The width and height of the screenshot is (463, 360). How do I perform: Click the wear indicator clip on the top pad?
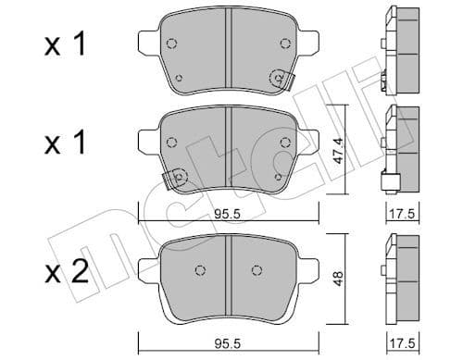coord(277,81)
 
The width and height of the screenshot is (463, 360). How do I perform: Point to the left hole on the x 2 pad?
coord(199,270)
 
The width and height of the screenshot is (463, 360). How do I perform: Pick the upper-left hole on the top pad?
coord(171,43)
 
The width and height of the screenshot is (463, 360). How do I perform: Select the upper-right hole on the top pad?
coord(283,43)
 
